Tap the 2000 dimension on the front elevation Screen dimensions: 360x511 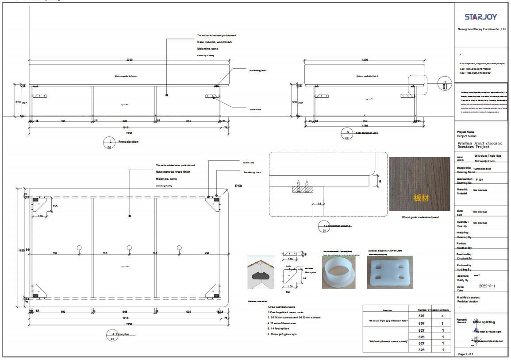(129, 59)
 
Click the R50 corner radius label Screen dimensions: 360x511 (238, 186)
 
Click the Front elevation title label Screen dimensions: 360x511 (128, 142)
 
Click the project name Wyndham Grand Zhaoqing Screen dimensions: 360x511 (479, 144)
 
